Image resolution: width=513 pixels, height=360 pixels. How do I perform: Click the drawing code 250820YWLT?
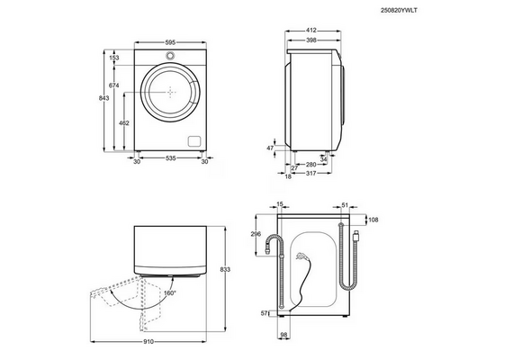(399, 11)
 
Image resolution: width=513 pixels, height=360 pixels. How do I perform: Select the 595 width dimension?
(170, 42)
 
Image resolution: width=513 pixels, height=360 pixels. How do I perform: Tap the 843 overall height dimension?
(103, 98)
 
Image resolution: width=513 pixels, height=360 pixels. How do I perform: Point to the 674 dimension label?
(114, 85)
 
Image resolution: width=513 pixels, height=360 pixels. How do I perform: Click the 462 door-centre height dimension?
(124, 123)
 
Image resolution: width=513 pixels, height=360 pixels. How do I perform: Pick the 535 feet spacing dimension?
(171, 158)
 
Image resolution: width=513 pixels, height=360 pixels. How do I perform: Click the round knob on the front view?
(170, 55)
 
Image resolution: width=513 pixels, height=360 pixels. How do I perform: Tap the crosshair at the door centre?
(170, 93)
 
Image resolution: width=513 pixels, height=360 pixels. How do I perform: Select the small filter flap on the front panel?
(194, 141)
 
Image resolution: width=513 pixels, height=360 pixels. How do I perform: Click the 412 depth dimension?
(311, 31)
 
